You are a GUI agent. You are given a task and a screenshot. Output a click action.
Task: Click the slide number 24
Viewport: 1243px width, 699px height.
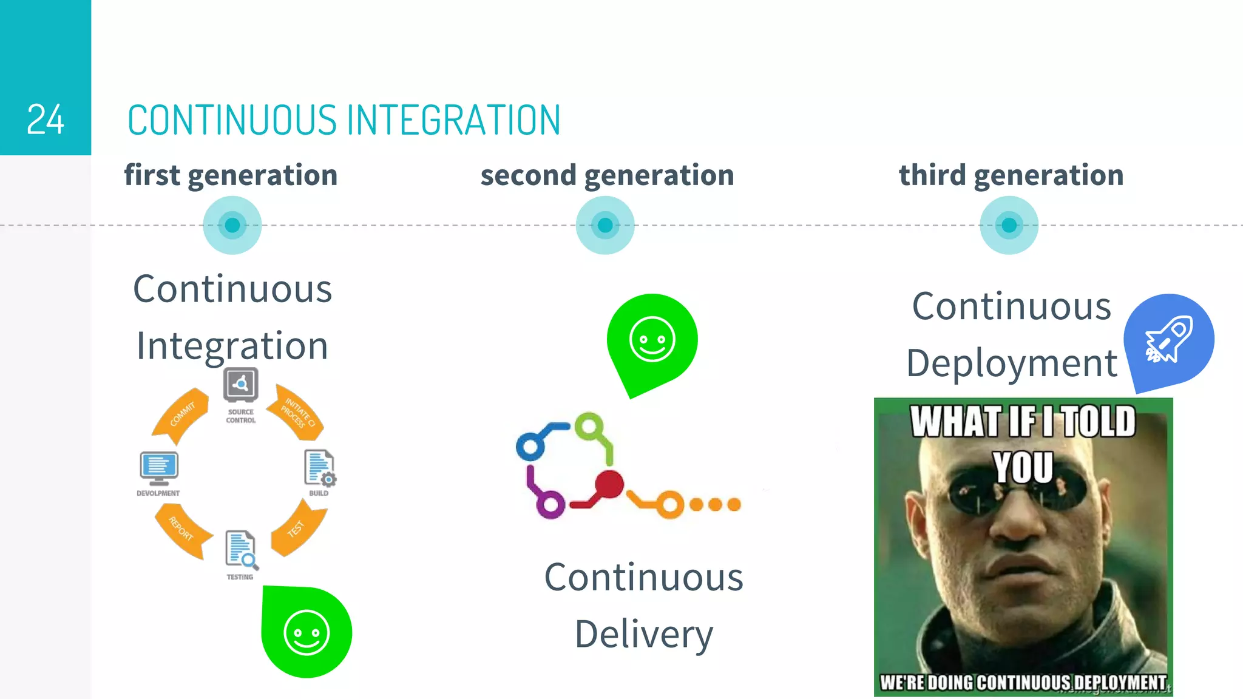coord(46,120)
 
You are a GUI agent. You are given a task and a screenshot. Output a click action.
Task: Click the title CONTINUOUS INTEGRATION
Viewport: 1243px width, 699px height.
coord(344,120)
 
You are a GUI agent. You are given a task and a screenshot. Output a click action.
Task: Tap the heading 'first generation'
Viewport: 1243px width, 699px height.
coord(231,175)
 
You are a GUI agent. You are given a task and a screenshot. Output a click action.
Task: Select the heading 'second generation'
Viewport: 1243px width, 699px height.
coord(607,175)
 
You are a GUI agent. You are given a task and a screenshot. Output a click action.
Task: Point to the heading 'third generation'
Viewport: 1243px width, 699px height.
coord(1011,175)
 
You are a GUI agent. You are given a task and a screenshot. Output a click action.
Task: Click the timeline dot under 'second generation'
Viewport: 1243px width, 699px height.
coord(605,225)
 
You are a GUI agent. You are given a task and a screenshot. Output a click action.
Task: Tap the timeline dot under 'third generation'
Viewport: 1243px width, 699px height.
coord(1009,225)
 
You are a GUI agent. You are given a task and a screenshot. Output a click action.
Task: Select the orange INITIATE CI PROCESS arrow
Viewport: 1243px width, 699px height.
coord(299,413)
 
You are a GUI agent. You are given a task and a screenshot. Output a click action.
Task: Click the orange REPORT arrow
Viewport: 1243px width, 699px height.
coord(182,529)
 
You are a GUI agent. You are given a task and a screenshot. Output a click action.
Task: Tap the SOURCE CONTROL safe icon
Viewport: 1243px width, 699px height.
coord(241,385)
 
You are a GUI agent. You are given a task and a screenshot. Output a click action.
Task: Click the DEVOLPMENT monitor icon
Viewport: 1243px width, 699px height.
coord(158,468)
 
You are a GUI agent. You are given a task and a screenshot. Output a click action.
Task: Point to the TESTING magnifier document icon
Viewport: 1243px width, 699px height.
coord(241,550)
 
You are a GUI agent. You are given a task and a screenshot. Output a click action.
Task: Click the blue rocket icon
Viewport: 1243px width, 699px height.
coord(1168,340)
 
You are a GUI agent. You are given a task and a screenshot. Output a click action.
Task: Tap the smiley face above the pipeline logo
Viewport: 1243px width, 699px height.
coord(652,339)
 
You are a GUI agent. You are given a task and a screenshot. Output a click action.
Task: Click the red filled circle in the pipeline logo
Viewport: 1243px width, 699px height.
coord(609,484)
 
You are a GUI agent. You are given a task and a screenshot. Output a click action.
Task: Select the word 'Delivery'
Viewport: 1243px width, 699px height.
coord(644,634)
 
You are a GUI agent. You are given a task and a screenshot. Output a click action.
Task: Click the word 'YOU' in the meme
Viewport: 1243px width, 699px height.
coord(1023,467)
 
